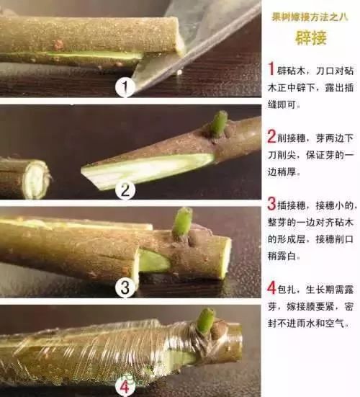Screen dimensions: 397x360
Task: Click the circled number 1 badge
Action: pyautogui.click(x=126, y=88)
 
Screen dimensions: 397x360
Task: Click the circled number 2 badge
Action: pyautogui.click(x=126, y=190)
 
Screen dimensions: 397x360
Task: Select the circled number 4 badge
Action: pyautogui.click(x=122, y=386)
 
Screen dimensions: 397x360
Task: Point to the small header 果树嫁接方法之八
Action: pyautogui.click(x=310, y=16)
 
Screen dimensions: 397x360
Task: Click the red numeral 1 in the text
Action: pyautogui.click(x=271, y=69)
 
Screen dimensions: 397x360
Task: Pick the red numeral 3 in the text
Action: pyautogui.click(x=271, y=204)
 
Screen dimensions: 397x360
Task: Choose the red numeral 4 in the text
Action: pyautogui.click(x=271, y=288)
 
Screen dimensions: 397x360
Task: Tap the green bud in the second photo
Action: pyautogui.click(x=218, y=123)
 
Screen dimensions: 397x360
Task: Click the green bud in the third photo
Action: pyautogui.click(x=183, y=222)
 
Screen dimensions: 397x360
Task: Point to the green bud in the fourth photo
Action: pyautogui.click(x=207, y=320)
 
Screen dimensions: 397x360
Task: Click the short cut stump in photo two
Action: pyautogui.click(x=25, y=179)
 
